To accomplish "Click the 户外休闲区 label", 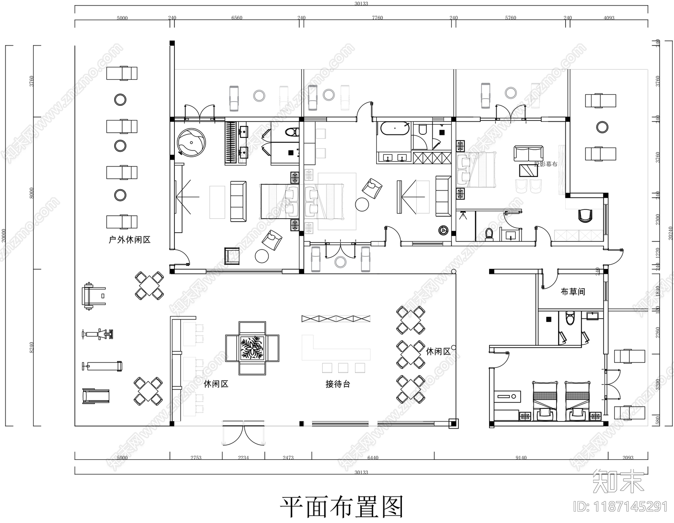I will pos(129,240).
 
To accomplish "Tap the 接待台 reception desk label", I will pos(338,384).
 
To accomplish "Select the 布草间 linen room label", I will pos(572,292).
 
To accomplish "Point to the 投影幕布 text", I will pos(546,164).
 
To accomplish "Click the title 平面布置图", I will pos(342,507).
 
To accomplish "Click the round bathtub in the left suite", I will pos(192,142).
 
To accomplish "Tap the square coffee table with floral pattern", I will pos(252,348).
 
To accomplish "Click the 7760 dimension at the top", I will pos(377,18).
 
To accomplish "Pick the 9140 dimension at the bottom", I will pos(521,458).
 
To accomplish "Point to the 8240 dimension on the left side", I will pos(32,348).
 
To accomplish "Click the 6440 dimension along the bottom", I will pos(373,458).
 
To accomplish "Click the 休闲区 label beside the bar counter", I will pos(216,384).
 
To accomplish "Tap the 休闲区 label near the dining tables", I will pos(438,351).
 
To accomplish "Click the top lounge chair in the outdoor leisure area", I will pos(122,73).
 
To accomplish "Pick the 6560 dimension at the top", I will pos(237,18).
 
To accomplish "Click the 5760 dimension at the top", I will pos(510,18).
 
